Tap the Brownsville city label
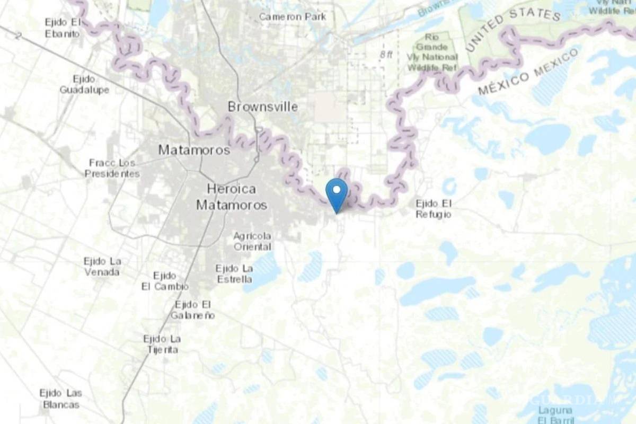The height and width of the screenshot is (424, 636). (262, 107)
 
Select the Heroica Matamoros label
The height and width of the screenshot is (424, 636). (232, 197)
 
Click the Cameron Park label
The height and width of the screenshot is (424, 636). (293, 17)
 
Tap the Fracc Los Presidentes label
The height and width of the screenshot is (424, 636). (112, 168)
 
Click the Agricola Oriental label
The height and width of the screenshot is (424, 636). (252, 241)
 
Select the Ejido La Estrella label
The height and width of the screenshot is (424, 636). (234, 274)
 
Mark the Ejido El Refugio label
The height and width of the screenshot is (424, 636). (434, 209)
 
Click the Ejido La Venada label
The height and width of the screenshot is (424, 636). (102, 267)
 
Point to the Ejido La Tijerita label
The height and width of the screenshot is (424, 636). (162, 344)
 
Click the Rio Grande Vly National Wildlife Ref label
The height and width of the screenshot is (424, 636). (432, 52)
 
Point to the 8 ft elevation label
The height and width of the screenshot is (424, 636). (386, 55)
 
